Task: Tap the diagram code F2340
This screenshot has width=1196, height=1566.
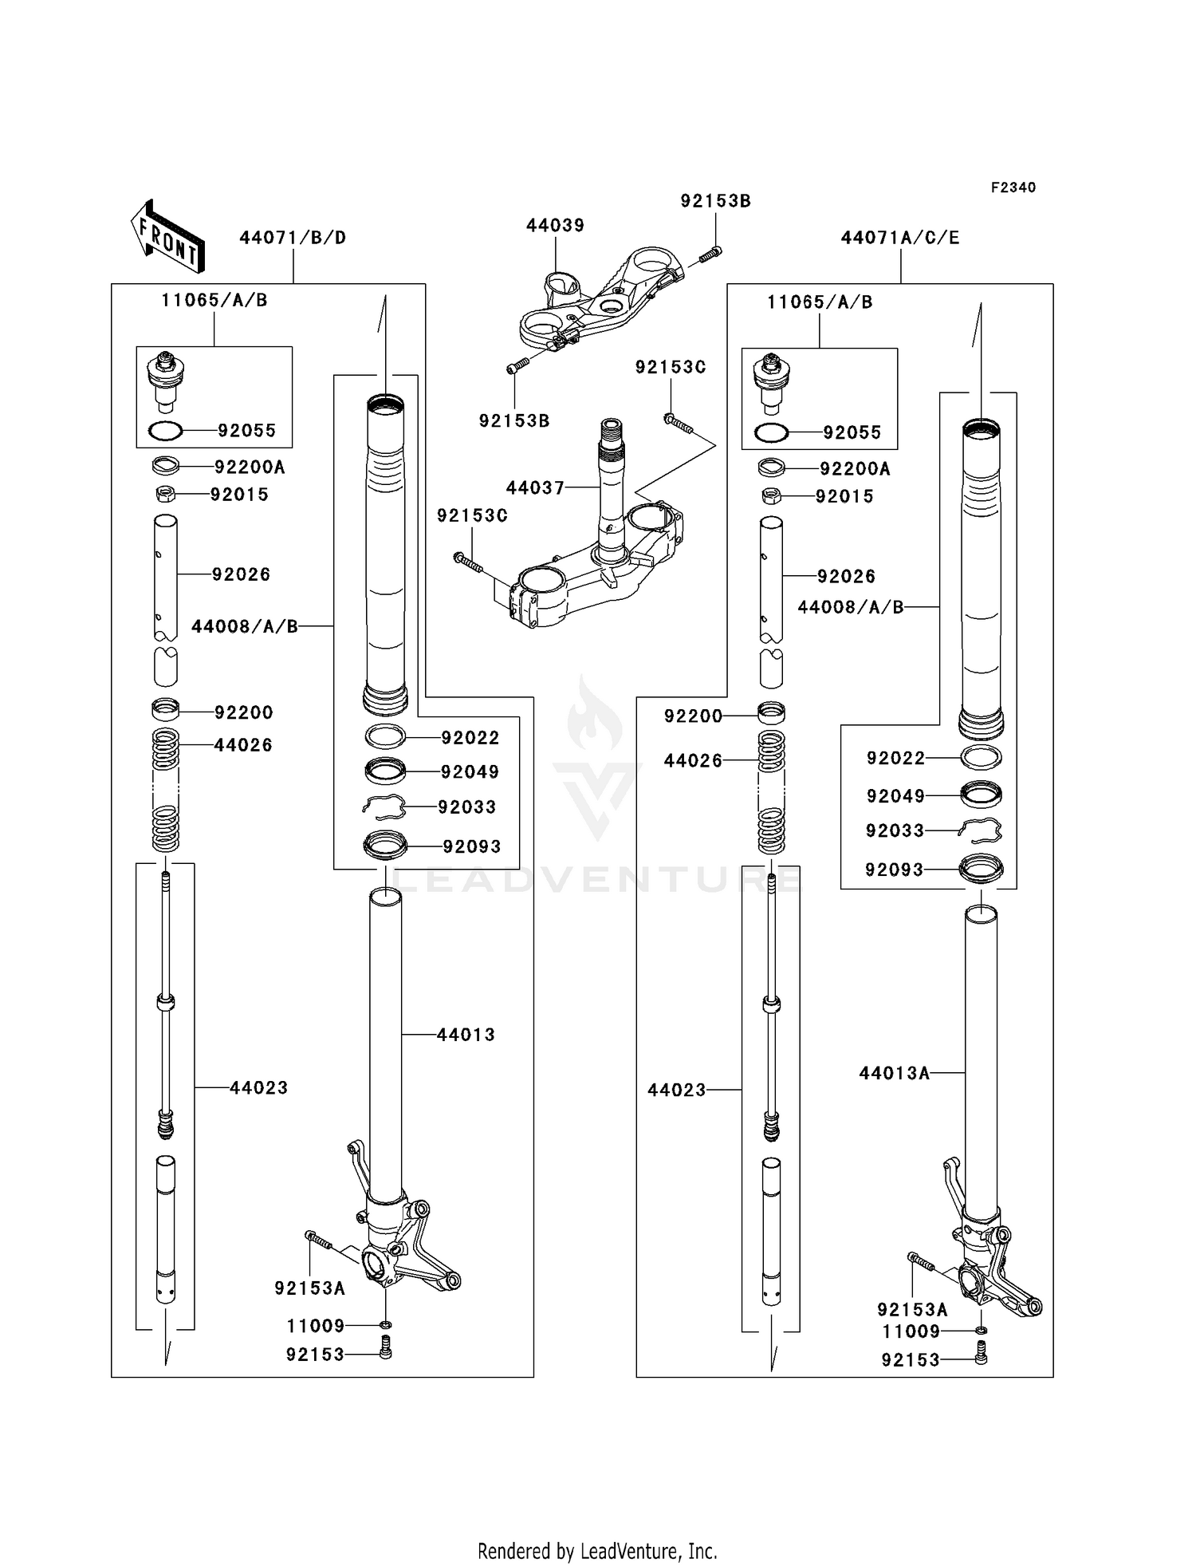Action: (x=1013, y=187)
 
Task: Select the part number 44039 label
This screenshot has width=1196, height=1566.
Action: (x=555, y=226)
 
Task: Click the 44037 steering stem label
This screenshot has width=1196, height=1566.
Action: (x=535, y=487)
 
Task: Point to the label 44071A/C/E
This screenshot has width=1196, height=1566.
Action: (x=900, y=238)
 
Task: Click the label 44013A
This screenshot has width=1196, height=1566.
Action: (x=894, y=1073)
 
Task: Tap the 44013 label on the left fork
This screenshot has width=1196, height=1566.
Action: (x=466, y=1035)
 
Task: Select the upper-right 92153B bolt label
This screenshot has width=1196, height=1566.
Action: (x=715, y=201)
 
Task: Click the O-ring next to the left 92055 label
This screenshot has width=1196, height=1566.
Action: (x=166, y=432)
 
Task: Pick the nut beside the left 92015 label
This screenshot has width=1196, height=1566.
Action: (x=165, y=495)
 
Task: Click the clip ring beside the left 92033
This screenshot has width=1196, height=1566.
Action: (x=384, y=808)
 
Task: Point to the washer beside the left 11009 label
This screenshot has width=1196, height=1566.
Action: (x=385, y=1325)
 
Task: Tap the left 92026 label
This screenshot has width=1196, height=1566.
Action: (x=241, y=574)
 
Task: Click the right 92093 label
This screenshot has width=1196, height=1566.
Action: (x=894, y=870)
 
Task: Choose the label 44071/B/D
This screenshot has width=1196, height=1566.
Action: (x=293, y=238)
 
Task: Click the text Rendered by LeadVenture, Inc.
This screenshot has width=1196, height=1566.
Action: (x=597, y=1551)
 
